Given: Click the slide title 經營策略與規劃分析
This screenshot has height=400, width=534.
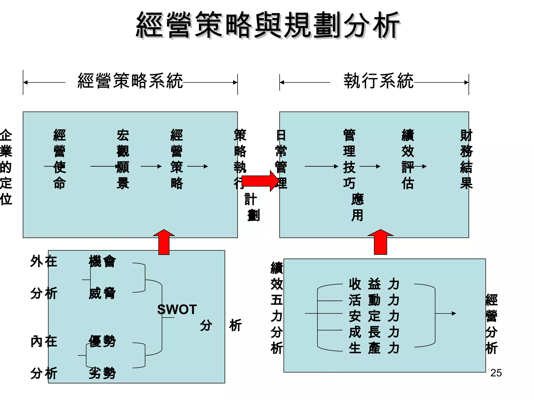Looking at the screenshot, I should (268, 25).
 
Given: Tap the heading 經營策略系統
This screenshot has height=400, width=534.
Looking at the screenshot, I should (130, 81).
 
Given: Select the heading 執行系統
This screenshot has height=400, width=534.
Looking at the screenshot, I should (378, 81).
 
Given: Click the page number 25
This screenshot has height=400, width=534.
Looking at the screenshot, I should (496, 373).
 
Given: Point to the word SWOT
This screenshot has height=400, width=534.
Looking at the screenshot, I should (177, 310).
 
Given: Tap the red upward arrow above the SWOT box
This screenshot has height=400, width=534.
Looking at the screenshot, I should (164, 242).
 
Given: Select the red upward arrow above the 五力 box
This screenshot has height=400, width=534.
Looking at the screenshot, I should (380, 242).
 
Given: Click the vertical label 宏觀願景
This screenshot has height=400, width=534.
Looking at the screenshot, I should (123, 159).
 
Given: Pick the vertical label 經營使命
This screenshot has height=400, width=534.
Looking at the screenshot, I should (59, 159).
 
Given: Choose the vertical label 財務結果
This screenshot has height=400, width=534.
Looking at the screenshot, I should (466, 159).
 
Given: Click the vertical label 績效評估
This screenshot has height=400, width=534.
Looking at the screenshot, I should (408, 159).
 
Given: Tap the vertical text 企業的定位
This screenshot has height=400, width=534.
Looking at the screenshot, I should (6, 167).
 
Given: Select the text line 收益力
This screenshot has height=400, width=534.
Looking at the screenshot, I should (374, 284).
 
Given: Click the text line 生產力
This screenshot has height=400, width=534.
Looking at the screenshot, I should (374, 348).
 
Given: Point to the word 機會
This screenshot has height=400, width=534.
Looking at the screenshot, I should (102, 261).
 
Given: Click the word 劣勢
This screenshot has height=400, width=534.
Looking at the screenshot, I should (102, 373).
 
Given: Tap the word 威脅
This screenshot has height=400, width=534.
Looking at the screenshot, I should (102, 293).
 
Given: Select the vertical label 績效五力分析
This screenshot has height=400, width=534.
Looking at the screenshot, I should (277, 308).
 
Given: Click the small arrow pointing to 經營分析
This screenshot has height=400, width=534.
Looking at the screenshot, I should (446, 314).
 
